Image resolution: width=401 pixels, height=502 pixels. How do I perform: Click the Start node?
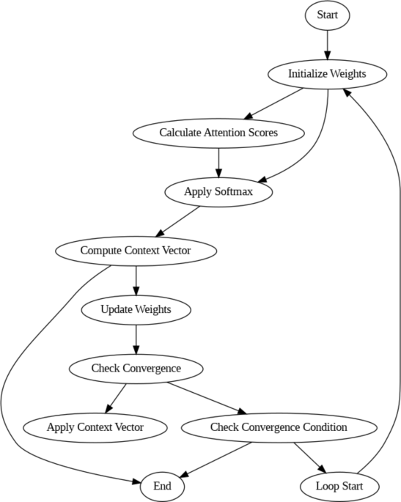tap(327, 15)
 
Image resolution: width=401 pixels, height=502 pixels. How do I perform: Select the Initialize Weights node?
tap(327, 74)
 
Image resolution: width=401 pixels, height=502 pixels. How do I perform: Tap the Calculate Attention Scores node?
tap(218, 133)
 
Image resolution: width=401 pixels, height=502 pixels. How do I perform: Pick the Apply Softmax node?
tap(218, 192)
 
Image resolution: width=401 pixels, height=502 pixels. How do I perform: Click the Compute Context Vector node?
tap(136, 251)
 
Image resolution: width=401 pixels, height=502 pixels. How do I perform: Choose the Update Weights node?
tap(136, 309)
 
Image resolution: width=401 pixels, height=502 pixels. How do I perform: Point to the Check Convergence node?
tap(136, 368)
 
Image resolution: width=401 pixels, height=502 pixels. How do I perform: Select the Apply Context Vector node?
tap(95, 427)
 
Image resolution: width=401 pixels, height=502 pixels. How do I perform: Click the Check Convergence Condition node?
tap(279, 427)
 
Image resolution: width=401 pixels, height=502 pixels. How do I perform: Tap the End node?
tap(162, 486)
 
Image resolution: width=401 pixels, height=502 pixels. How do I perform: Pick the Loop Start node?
tap(340, 486)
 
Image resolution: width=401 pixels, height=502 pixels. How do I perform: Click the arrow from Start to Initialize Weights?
tap(327, 44)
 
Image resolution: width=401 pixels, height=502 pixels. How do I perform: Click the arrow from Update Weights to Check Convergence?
tap(136, 339)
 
